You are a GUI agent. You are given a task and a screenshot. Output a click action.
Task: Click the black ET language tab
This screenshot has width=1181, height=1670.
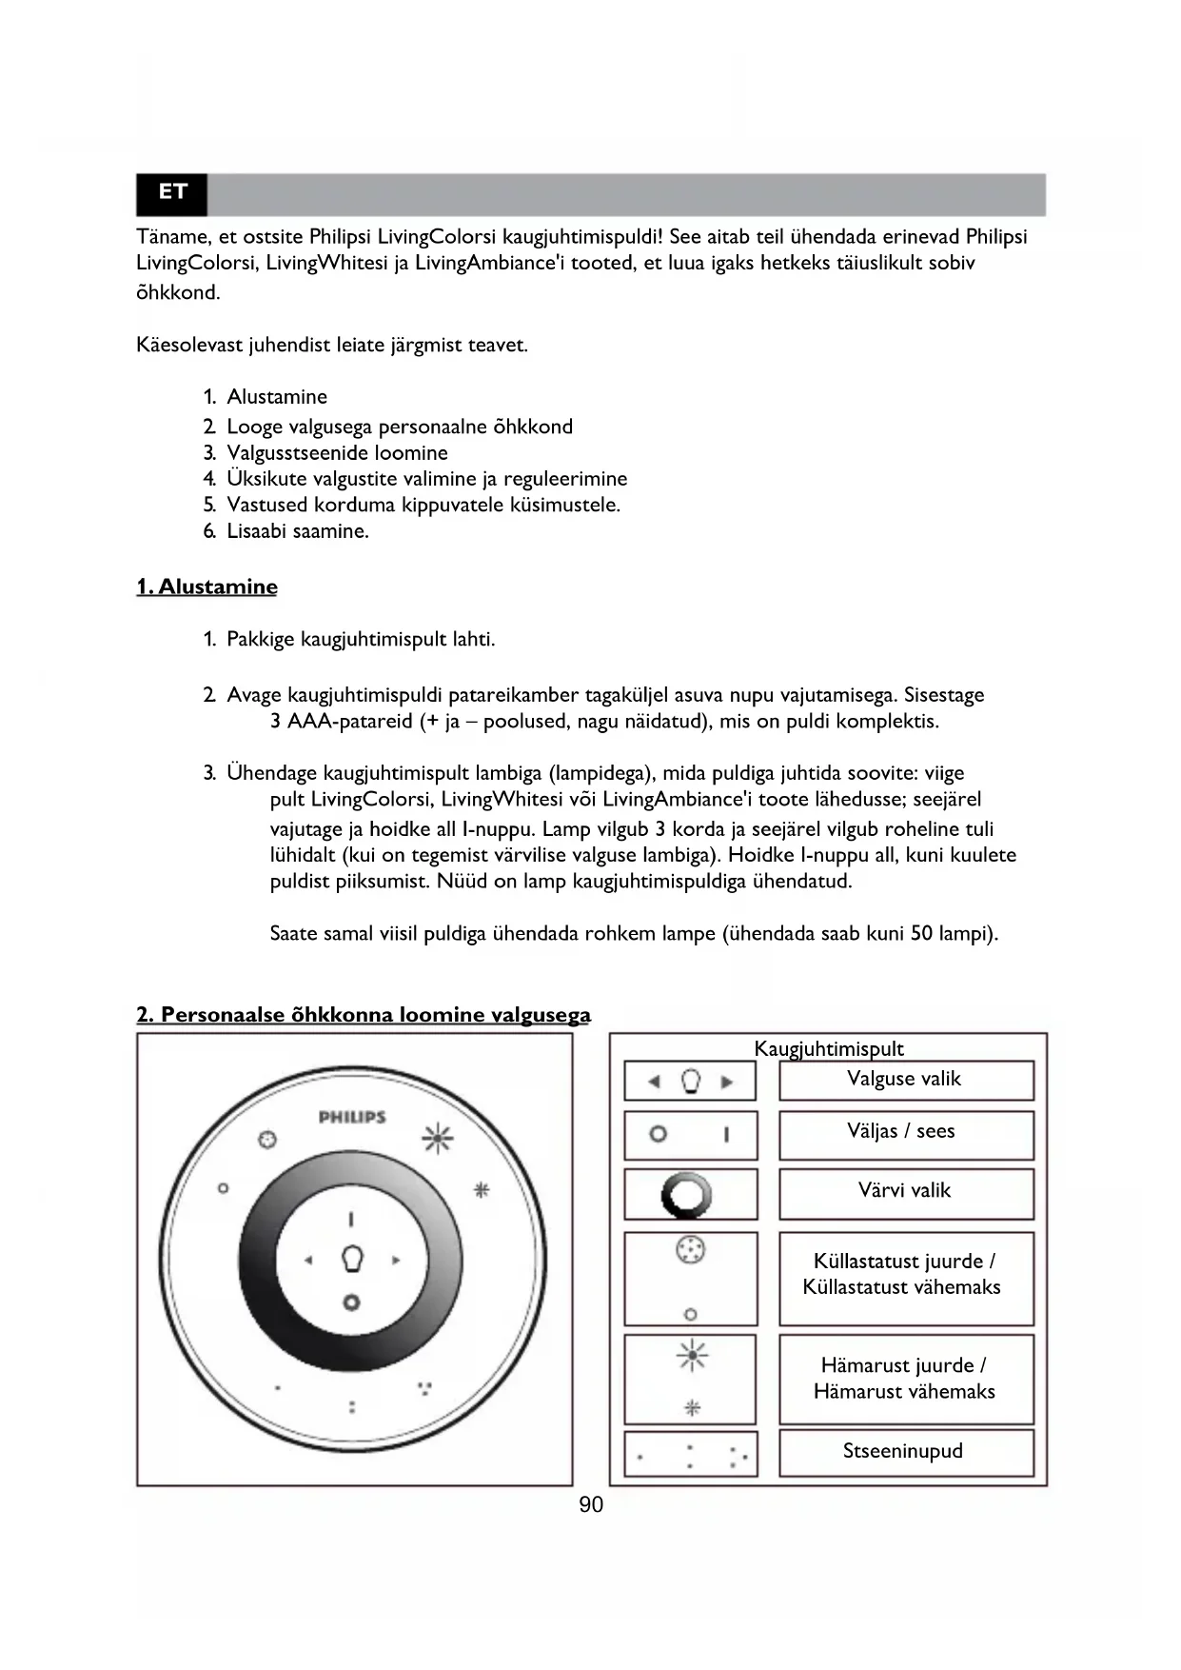pos(172,193)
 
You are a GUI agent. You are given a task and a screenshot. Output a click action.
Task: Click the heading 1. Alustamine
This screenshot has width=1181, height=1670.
pos(207,586)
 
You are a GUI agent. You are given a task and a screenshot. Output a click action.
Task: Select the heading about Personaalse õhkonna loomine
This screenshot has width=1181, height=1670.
pos(364,1015)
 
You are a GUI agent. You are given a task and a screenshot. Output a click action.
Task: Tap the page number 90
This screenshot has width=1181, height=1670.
pos(591,1504)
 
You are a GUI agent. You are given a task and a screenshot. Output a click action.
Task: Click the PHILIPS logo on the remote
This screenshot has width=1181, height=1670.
pos(352,1117)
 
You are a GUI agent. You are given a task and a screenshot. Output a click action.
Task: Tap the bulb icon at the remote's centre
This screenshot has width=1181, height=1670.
pos(352,1259)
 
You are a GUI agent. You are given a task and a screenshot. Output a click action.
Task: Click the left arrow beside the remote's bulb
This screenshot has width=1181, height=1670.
pos(308,1261)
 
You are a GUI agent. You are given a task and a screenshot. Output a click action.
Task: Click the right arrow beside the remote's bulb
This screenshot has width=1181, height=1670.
pos(396,1261)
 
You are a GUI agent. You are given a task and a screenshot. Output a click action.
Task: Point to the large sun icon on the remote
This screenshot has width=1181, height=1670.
pos(438,1137)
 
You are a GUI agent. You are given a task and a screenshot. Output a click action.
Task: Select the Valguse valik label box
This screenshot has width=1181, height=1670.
pos(906,1080)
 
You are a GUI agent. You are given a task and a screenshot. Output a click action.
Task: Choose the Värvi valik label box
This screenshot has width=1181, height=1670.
pos(906,1192)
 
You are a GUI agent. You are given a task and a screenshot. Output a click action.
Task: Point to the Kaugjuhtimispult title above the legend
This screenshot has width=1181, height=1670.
pos(829,1048)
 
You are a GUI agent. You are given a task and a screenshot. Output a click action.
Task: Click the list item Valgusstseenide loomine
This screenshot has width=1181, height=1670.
pos(337,453)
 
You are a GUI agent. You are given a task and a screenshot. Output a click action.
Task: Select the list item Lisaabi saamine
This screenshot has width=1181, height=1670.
pos(298,531)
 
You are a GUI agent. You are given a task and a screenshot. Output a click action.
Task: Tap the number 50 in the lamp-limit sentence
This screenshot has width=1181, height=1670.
pos(921,933)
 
